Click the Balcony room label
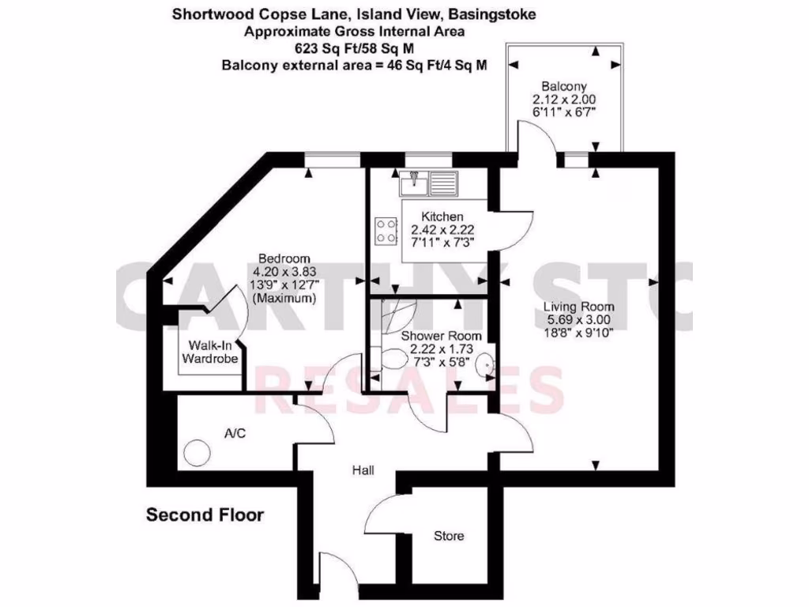[x=563, y=86]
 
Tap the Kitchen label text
[x=442, y=217]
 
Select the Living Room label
[x=578, y=307]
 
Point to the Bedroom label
[x=284, y=258]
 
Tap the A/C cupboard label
[x=234, y=433]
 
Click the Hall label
[x=363, y=470]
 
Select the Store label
[x=449, y=537]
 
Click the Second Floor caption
[x=205, y=515]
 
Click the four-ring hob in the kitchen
[x=386, y=231]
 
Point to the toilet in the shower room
[x=392, y=358]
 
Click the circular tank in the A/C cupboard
[x=197, y=454]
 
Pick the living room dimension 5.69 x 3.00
[x=578, y=320]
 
